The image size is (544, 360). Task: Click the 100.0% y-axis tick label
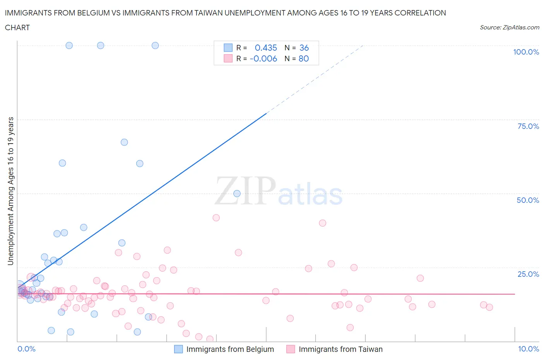click(526, 52)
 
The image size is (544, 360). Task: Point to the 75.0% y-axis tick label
click(528, 126)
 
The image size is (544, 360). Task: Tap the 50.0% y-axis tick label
click(528, 200)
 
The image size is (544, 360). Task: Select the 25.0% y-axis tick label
click(528, 274)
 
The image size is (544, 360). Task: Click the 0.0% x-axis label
click(26, 349)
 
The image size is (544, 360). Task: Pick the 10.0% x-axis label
click(528, 349)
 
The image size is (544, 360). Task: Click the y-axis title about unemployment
click(10, 191)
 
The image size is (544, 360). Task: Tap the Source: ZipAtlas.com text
click(509, 27)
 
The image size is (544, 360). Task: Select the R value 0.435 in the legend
click(266, 48)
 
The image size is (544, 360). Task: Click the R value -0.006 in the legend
click(263, 58)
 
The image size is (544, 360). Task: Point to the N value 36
click(304, 48)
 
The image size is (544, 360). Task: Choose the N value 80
click(304, 58)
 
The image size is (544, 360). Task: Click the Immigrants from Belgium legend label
click(230, 349)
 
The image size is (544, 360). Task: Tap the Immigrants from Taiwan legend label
click(340, 349)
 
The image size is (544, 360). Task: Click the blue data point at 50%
click(237, 194)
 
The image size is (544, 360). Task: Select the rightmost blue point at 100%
click(155, 45)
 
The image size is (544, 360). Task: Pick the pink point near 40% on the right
click(322, 223)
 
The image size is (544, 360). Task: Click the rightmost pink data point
click(489, 307)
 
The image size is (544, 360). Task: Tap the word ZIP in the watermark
click(245, 190)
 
